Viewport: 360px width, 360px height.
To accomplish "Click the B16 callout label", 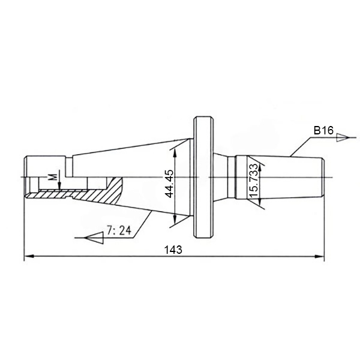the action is click(x=323, y=130).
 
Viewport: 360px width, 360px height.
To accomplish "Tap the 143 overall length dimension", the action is click(x=173, y=250).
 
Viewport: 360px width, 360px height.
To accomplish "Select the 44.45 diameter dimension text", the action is click(x=169, y=184).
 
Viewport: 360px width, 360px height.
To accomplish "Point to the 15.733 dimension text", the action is click(x=253, y=180).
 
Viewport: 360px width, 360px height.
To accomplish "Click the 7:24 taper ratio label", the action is click(x=119, y=230).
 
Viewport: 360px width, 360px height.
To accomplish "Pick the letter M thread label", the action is click(x=53, y=177).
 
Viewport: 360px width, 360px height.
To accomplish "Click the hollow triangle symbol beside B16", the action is click(x=342, y=137).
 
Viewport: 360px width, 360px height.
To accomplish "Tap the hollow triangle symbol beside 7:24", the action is click(x=94, y=238).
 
